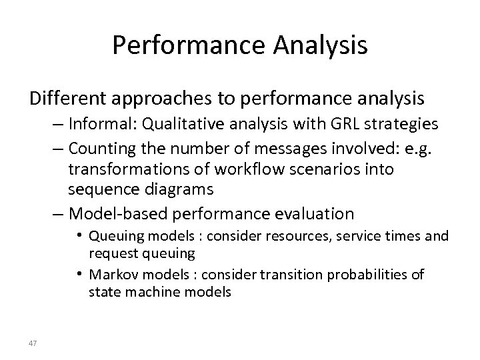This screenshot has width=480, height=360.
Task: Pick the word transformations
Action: click(123, 169)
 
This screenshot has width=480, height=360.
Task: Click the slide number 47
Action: click(33, 342)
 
